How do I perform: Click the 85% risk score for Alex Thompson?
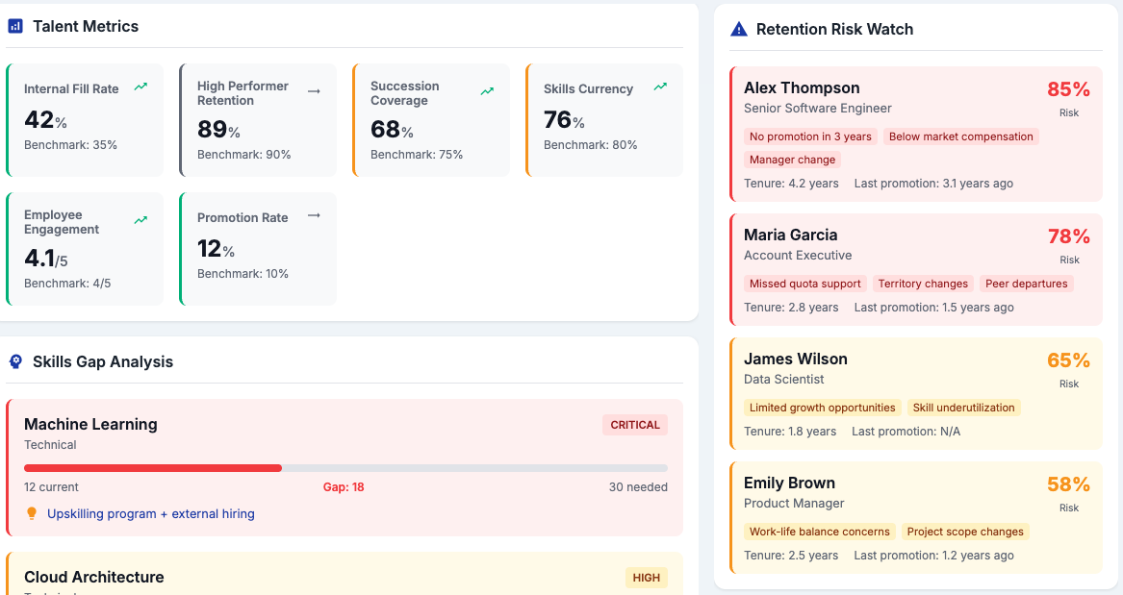pyautogui.click(x=1068, y=89)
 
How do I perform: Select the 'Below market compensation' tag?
pyautogui.click(x=960, y=136)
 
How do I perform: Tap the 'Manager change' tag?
pyautogui.click(x=792, y=160)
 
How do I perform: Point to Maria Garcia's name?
pyautogui.click(x=790, y=235)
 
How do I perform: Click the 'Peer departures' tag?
pyautogui.click(x=1027, y=284)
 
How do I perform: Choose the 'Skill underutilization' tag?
pyautogui.click(x=963, y=408)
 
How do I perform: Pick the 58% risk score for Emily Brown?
pyautogui.click(x=1068, y=484)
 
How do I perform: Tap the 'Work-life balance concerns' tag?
pyautogui.click(x=819, y=533)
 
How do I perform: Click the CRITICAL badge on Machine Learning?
pyautogui.click(x=634, y=425)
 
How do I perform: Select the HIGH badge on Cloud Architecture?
pyautogui.click(x=646, y=578)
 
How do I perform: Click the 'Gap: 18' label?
pyautogui.click(x=344, y=487)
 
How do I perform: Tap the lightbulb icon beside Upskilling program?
pyautogui.click(x=32, y=513)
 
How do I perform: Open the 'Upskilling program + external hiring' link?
pyautogui.click(x=150, y=513)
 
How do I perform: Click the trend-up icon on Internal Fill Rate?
pyautogui.click(x=141, y=87)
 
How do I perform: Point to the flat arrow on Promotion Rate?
pyautogui.click(x=314, y=215)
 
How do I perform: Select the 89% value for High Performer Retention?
pyautogui.click(x=218, y=129)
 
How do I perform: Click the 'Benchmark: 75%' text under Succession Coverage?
pyautogui.click(x=416, y=155)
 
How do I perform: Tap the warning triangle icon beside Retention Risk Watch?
pyautogui.click(x=738, y=30)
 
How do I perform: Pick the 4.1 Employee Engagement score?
pyautogui.click(x=46, y=259)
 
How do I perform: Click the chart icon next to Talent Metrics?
pyautogui.click(x=15, y=27)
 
